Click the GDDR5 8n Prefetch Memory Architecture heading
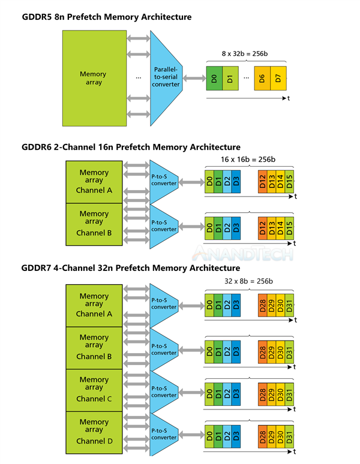107,17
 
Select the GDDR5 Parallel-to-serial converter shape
167,77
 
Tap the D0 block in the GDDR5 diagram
214,79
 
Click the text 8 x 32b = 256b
245,53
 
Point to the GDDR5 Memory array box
93,78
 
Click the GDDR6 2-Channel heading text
131,147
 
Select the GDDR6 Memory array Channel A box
94,182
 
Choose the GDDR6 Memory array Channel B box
94,223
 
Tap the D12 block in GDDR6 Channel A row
262,182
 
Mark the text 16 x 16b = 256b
248,159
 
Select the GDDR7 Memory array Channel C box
94,389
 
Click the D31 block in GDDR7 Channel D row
290,433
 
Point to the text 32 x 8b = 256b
248,281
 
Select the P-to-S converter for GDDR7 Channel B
164,349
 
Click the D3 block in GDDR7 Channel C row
235,391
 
